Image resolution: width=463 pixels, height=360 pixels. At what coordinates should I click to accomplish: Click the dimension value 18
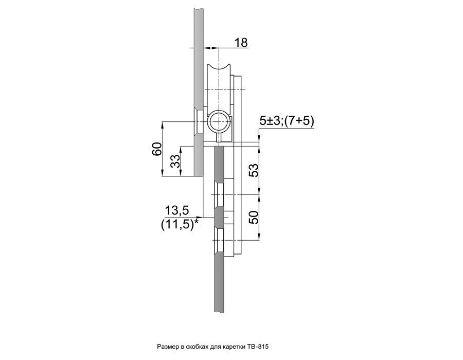pos(241,43)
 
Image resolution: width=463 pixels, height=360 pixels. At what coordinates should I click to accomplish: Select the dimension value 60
pos(157,149)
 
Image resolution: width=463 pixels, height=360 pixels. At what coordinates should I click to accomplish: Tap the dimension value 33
pos(176,161)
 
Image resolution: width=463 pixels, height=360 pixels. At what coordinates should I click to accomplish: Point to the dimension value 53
pos(253,170)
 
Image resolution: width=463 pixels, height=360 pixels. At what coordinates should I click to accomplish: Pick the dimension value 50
pos(253,217)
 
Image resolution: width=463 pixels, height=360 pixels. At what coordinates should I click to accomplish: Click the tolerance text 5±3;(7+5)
pos(286,121)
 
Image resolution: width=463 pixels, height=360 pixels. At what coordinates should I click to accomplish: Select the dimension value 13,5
pos(176,211)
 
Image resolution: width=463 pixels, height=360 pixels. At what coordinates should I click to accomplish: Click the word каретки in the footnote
pos(233,347)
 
